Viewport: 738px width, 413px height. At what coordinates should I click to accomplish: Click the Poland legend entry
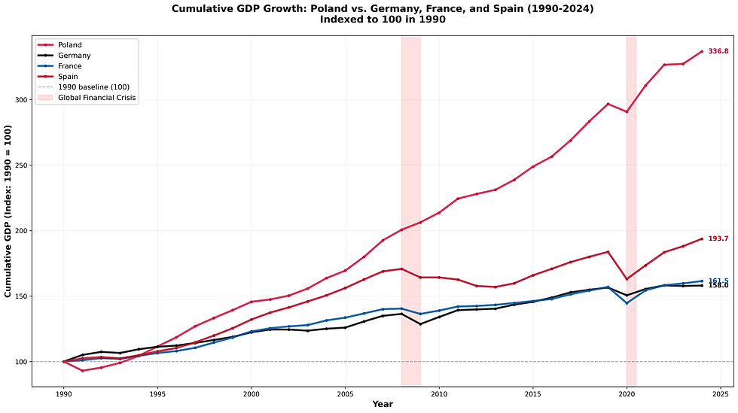pos(70,45)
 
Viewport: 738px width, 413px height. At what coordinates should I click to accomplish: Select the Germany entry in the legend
pos(74,56)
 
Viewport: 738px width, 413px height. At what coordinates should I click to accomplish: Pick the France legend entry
pos(70,66)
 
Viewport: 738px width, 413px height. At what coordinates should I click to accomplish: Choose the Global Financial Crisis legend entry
pos(98,98)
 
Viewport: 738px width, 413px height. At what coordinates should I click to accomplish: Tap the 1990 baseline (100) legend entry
pos(93,87)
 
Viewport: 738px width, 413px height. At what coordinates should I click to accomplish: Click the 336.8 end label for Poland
pos(715,51)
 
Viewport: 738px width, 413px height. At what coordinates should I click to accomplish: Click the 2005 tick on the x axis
pos(345,393)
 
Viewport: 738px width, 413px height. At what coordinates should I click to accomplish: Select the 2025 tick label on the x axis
pos(721,393)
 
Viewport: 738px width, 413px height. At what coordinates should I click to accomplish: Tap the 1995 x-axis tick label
pos(157,393)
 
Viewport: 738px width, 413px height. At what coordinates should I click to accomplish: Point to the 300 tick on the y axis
pos(20,100)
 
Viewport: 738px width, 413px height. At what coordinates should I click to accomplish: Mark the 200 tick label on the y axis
pos(20,231)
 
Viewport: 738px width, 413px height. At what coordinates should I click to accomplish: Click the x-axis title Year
pos(383,405)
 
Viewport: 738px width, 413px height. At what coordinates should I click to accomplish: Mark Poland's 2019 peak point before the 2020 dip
pos(608,104)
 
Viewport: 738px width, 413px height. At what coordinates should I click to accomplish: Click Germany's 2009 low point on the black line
pos(420,324)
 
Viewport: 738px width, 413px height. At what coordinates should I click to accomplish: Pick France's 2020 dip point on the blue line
pos(627,303)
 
